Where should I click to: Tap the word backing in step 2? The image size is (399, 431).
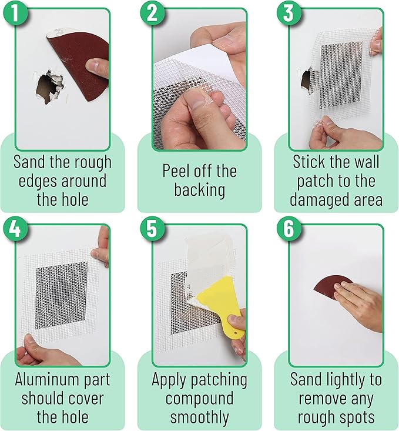tap(199, 189)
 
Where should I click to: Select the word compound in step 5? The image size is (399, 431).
tap(199, 399)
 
